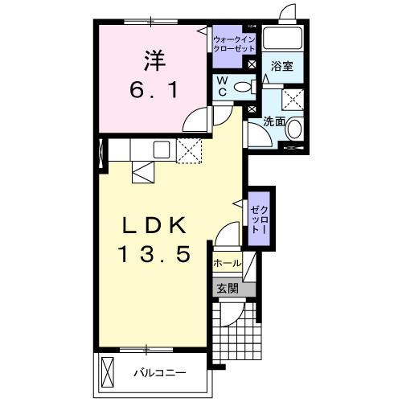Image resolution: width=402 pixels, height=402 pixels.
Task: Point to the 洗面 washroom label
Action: tap(275, 122)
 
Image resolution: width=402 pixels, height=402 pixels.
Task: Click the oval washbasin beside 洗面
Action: tap(294, 129)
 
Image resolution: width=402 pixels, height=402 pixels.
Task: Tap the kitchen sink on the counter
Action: tap(161, 149)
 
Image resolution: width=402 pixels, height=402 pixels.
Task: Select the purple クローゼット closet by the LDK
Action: tap(259, 215)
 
